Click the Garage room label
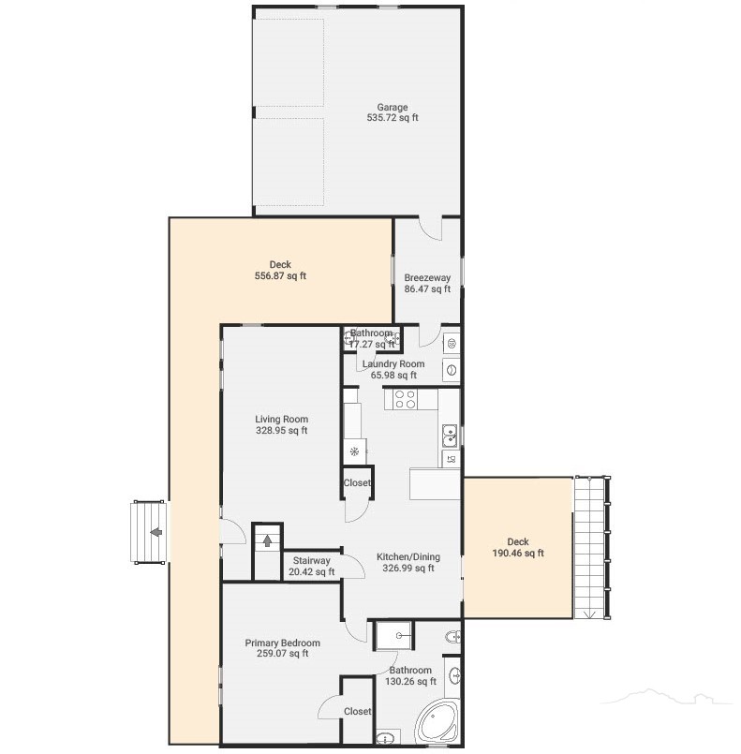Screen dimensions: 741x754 pyautogui.click(x=392, y=107)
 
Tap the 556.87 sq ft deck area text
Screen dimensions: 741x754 pyautogui.click(x=280, y=276)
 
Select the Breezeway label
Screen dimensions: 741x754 pyautogui.click(x=427, y=277)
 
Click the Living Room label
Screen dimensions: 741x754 pyautogui.click(x=281, y=420)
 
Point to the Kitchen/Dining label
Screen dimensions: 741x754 pyautogui.click(x=408, y=557)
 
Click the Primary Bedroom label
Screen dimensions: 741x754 pyautogui.click(x=282, y=643)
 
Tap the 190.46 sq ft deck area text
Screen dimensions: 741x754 pyautogui.click(x=518, y=553)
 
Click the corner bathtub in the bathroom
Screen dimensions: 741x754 pyautogui.click(x=437, y=722)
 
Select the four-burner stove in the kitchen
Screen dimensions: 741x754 pyautogui.click(x=405, y=399)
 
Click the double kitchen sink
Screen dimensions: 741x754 pyautogui.click(x=450, y=436)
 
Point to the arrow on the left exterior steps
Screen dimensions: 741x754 pyautogui.click(x=156, y=532)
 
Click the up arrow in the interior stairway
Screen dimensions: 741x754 pyautogui.click(x=267, y=541)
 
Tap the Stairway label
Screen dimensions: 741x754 pyautogui.click(x=312, y=561)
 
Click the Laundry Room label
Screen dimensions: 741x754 pyautogui.click(x=393, y=364)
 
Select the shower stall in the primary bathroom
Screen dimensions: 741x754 pyautogui.click(x=393, y=636)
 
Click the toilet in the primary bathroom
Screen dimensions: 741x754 pyautogui.click(x=452, y=637)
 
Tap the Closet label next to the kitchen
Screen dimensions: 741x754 pyautogui.click(x=357, y=482)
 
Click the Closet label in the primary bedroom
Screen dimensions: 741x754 pyautogui.click(x=357, y=711)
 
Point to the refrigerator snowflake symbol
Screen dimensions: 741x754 pyautogui.click(x=354, y=451)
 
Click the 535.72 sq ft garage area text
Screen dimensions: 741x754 pyautogui.click(x=393, y=117)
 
